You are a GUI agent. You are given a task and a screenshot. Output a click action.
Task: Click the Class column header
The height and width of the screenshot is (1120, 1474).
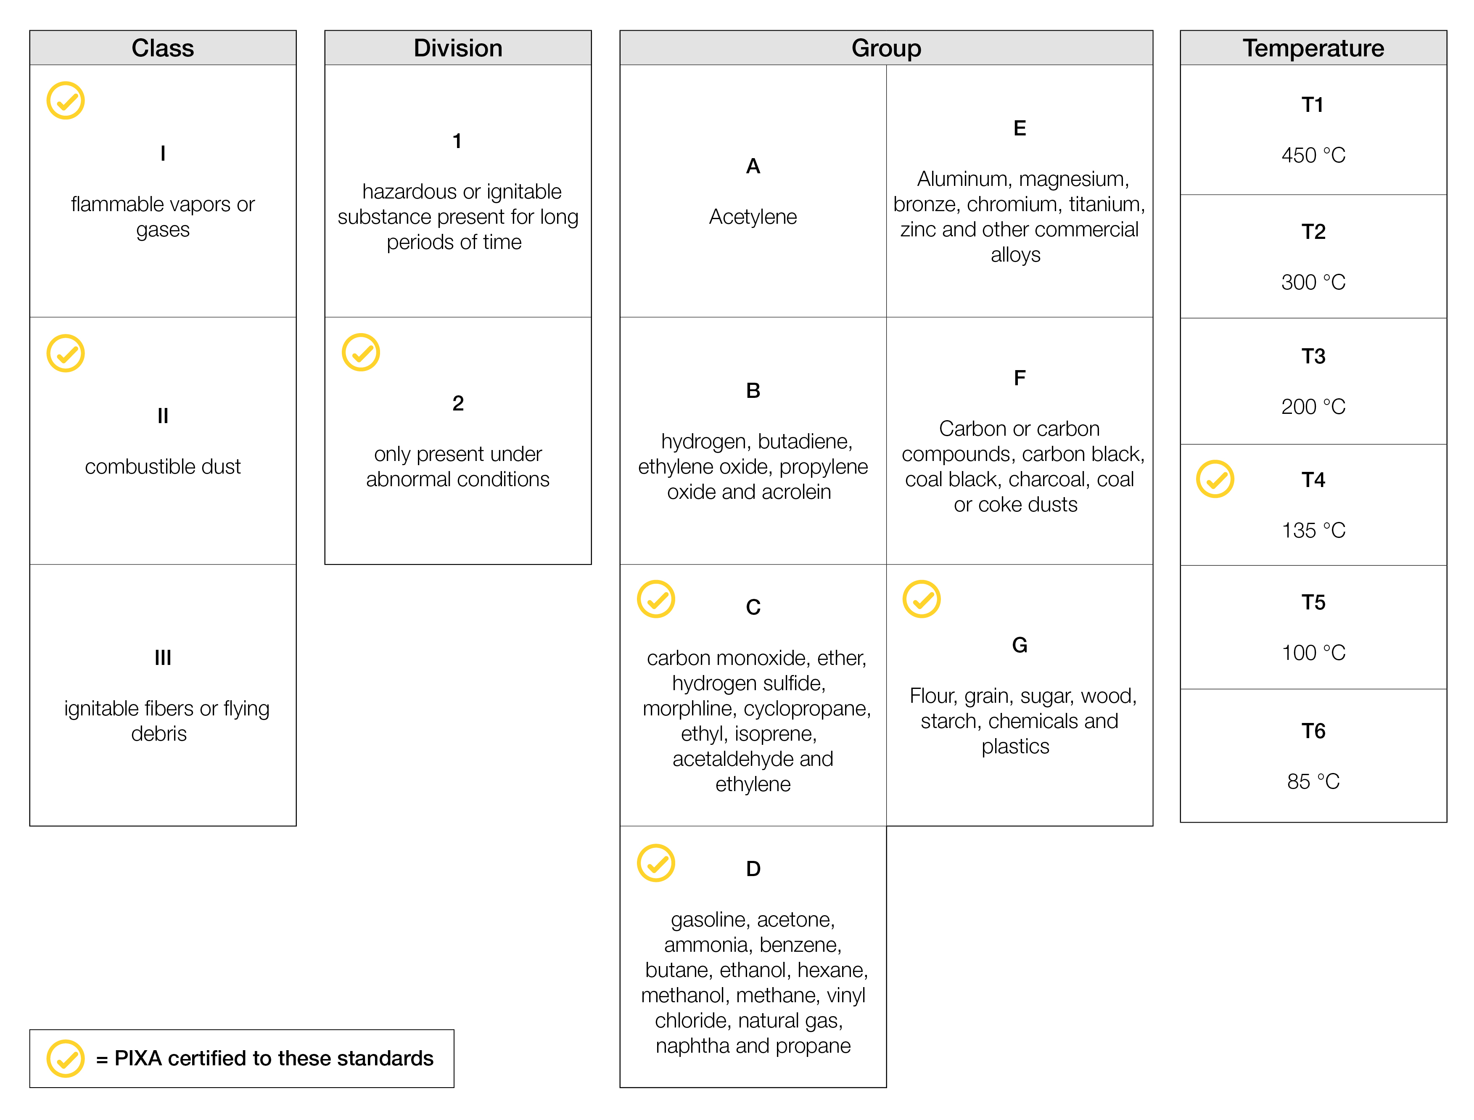[163, 48]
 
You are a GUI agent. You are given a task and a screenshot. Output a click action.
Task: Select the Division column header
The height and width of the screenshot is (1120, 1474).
[458, 48]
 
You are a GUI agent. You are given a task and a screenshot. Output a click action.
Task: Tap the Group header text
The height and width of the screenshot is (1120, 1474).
[886, 48]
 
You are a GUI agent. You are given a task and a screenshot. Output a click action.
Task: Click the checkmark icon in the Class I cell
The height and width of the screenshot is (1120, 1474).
[65, 101]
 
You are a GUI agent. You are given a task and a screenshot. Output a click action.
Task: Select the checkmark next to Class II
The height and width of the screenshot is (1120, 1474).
[65, 353]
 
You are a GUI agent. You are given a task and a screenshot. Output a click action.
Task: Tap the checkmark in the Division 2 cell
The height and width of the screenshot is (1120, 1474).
[360, 352]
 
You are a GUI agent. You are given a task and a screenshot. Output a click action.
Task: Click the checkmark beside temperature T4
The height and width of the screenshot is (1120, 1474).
[1215, 479]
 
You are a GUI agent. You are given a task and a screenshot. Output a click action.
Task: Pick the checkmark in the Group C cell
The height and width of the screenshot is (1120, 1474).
[656, 598]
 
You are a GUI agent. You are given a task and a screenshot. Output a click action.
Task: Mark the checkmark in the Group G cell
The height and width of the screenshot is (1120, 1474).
[922, 598]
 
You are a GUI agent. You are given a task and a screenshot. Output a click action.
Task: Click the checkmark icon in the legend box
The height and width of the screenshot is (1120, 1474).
[65, 1058]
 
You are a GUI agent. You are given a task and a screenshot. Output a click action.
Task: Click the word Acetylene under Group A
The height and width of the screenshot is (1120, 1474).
[753, 217]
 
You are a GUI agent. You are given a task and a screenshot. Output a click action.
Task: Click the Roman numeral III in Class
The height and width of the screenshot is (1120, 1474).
[163, 657]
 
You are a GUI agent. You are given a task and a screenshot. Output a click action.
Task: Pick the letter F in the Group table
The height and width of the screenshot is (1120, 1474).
[1020, 378]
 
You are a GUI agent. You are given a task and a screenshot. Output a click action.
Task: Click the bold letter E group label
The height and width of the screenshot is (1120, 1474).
[1020, 128]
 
